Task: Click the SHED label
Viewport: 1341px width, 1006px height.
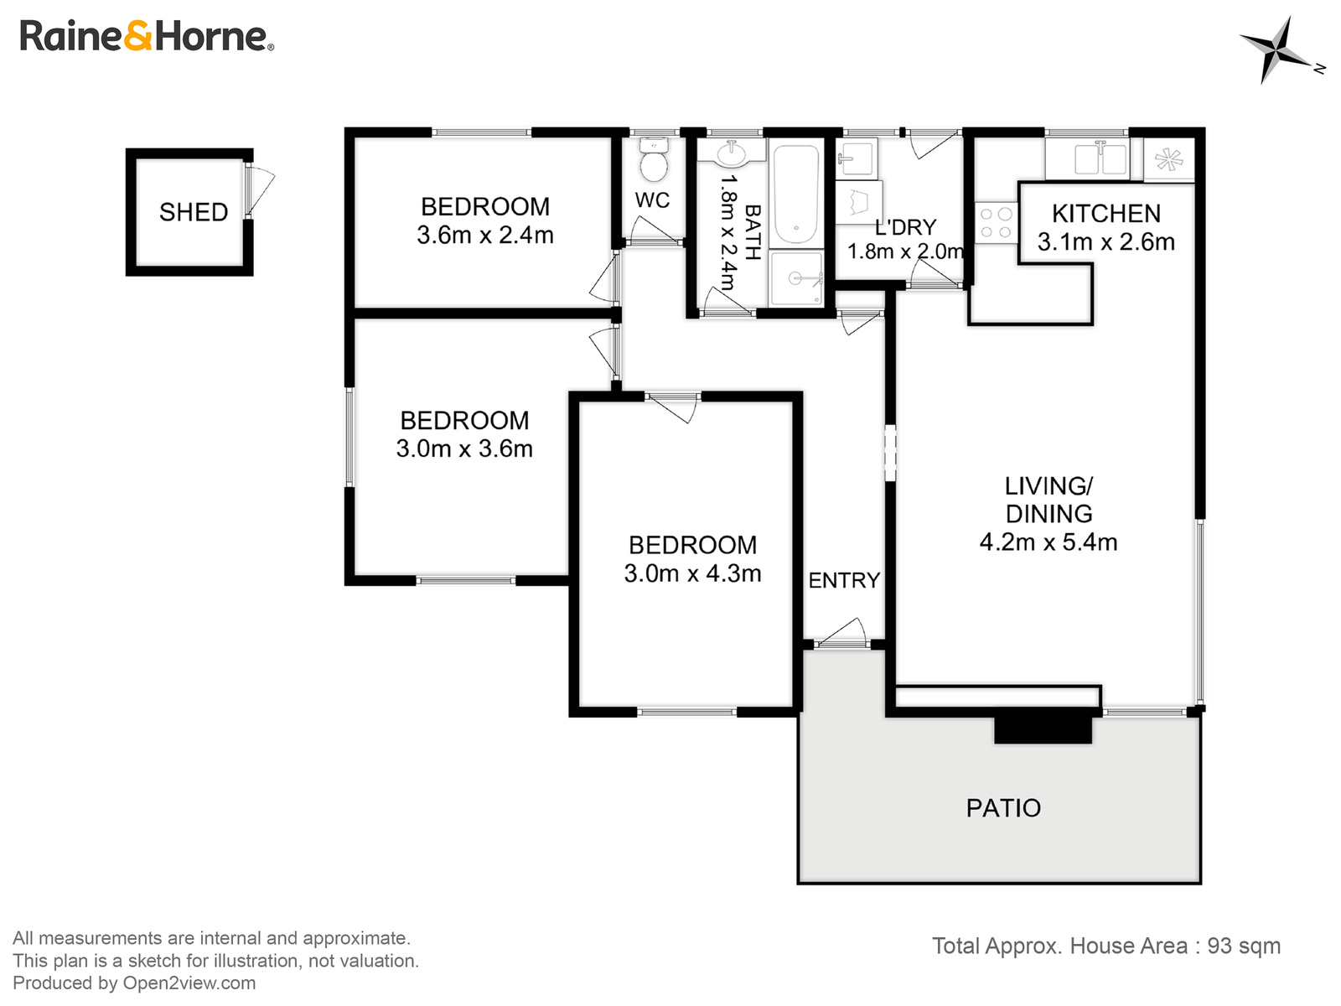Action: (194, 212)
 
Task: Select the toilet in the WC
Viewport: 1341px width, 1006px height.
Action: (653, 160)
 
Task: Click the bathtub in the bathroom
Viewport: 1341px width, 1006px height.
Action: (795, 194)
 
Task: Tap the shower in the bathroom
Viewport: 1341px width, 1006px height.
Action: (796, 278)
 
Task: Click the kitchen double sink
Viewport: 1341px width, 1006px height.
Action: (1087, 158)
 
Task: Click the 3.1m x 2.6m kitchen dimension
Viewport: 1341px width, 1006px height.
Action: (1105, 242)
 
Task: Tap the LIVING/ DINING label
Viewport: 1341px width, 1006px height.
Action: (1048, 500)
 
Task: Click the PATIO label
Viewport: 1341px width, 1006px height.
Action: (1003, 808)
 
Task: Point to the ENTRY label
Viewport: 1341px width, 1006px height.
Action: (844, 580)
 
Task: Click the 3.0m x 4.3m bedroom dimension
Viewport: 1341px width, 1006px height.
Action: (692, 573)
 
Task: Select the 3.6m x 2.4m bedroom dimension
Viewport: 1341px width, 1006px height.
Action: (485, 236)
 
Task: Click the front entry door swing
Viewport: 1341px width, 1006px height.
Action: (844, 633)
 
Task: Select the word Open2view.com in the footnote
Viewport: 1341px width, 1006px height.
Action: (189, 983)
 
